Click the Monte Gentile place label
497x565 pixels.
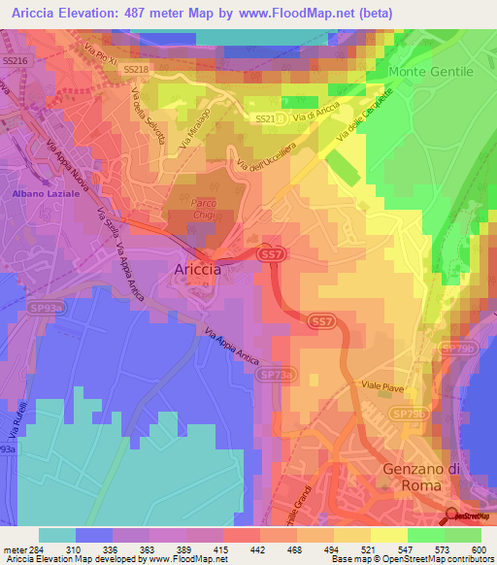coord(430,72)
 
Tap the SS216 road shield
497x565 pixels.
coord(16,60)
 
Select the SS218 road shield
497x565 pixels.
coord(138,70)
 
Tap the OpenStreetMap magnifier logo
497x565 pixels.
coord(453,515)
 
